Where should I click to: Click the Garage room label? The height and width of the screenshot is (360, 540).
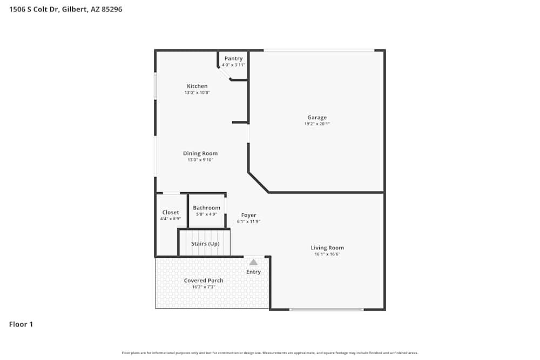[317, 118]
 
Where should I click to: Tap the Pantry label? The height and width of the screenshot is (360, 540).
[233, 58]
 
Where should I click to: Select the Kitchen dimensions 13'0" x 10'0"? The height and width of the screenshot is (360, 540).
[197, 93]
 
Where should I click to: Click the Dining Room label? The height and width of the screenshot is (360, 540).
[200, 153]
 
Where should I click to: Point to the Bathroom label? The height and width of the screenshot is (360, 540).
[206, 208]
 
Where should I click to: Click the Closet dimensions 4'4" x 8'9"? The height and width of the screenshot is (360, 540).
[171, 219]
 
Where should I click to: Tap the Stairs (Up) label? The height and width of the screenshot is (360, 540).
[205, 243]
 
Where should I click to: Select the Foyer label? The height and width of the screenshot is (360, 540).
[248, 215]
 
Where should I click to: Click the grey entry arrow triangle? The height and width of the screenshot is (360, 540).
[253, 262]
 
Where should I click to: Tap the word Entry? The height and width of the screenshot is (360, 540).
[253, 272]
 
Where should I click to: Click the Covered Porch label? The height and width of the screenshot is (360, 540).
[204, 281]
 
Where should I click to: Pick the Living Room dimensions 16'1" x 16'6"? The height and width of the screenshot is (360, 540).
[327, 254]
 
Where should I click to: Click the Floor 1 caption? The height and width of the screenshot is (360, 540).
[21, 324]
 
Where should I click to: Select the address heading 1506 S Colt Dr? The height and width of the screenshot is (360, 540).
[65, 9]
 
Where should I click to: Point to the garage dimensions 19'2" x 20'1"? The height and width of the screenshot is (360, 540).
[317, 124]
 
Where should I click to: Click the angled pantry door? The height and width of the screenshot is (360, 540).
[224, 73]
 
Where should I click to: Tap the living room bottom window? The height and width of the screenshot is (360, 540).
[326, 309]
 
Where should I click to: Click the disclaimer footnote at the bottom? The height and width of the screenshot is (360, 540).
[270, 353]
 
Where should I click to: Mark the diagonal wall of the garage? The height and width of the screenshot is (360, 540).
[258, 182]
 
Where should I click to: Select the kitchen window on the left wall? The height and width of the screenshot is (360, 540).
[156, 86]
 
